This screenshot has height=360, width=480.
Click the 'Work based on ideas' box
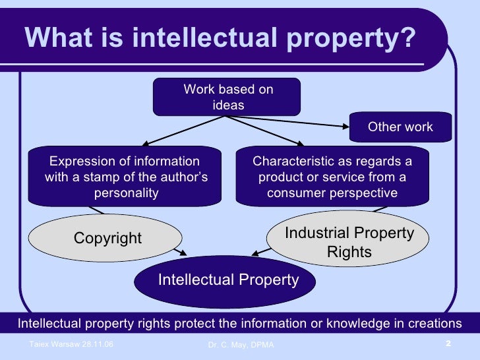tap(227, 97)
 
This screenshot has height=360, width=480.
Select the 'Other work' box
tap(400, 127)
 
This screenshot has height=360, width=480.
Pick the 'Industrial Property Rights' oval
tap(349, 242)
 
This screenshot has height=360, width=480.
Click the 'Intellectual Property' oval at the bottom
tap(228, 280)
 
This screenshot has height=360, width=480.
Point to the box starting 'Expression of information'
tap(125, 177)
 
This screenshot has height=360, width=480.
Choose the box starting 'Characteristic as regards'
tap(332, 177)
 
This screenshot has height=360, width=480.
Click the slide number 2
tap(448, 344)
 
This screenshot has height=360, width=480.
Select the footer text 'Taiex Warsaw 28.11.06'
tap(71, 345)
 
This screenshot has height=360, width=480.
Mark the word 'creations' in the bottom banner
tap(436, 323)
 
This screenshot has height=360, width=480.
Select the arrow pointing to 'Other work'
tap(297, 122)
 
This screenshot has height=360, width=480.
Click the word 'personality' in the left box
tap(126, 193)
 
